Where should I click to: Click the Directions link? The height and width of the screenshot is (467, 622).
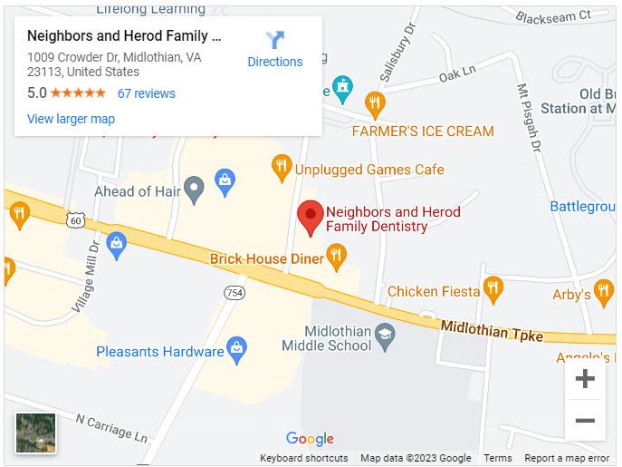point(275,50)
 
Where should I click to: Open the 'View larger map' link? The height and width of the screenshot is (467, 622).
point(71,119)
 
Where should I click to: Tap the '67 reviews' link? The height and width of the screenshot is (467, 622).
point(146,93)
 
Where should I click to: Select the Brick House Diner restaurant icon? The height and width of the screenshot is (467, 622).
point(337,258)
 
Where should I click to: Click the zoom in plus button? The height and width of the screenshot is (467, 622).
point(585,379)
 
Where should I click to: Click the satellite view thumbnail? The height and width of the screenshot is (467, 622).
point(36,433)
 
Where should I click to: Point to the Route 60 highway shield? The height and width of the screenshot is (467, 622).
point(75,220)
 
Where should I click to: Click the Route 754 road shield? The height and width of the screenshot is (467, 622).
point(234,291)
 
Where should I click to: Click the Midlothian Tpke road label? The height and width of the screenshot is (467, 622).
point(492,331)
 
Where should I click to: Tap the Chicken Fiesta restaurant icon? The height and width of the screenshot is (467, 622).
point(493,290)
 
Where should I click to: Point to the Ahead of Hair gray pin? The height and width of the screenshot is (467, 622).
point(192,190)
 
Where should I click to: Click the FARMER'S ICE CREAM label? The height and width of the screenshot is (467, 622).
point(423,131)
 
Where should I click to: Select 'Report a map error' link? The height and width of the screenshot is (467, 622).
point(567,459)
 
